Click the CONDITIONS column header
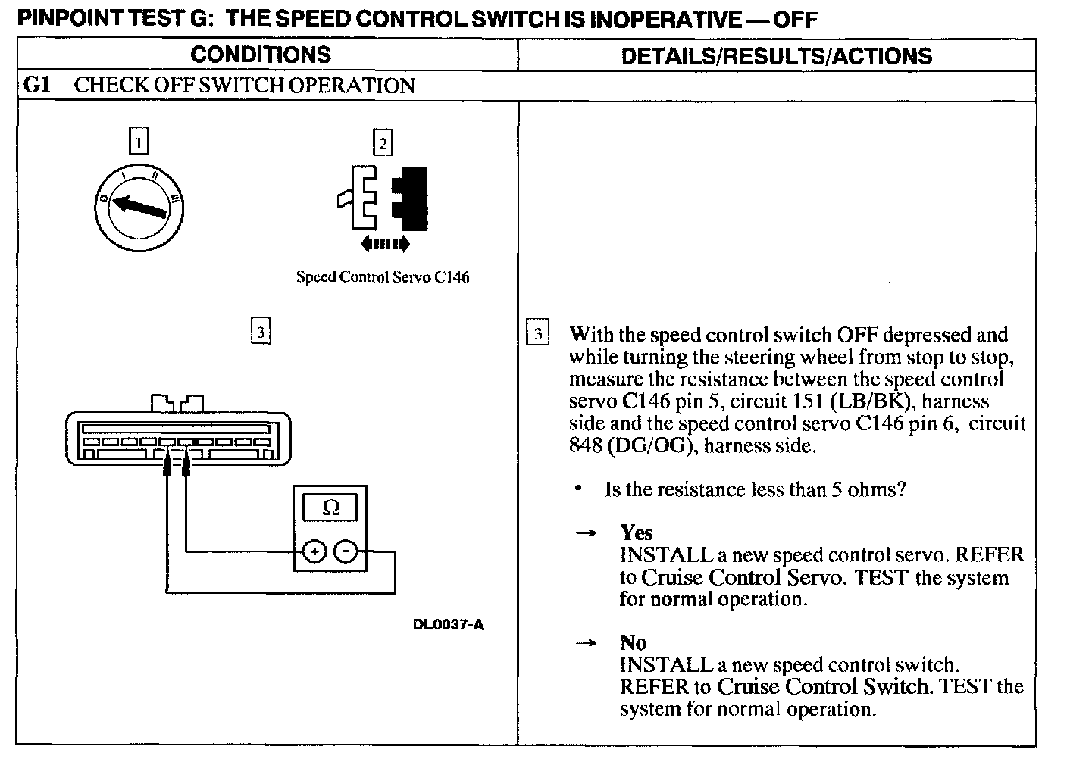point(261,55)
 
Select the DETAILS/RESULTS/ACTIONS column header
point(776,55)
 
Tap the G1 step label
point(36,85)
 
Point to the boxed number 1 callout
point(138,142)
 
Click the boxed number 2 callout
point(383,143)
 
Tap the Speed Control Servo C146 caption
point(383,277)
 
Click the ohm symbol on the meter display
point(330,507)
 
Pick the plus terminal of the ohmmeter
point(314,552)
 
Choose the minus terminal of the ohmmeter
point(346,552)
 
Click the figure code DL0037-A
point(449,625)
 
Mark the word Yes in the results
point(636,532)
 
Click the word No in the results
point(633,642)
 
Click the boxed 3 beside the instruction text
point(537,334)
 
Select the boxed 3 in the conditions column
point(260,332)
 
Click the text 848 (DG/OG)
point(631,445)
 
